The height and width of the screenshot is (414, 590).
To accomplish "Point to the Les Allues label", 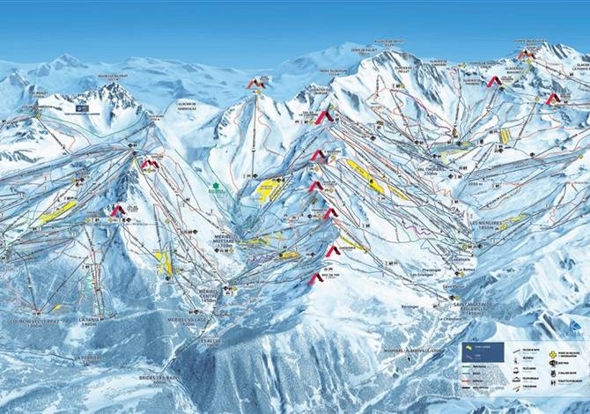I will coord(209,341).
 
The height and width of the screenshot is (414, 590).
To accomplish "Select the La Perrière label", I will coord(89,358).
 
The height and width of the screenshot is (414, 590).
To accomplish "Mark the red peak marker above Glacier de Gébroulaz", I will coord(255,84).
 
